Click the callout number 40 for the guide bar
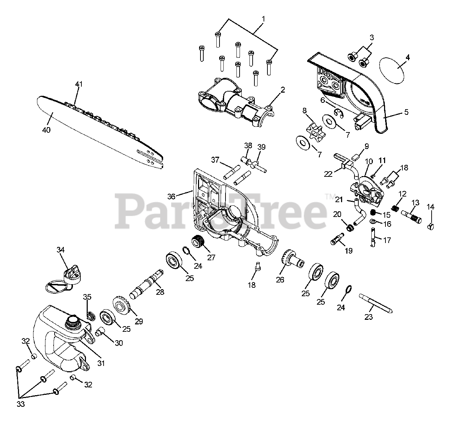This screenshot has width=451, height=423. [46, 130]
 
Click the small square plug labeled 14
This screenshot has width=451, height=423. [430, 226]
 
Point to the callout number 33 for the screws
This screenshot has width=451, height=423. [21, 404]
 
